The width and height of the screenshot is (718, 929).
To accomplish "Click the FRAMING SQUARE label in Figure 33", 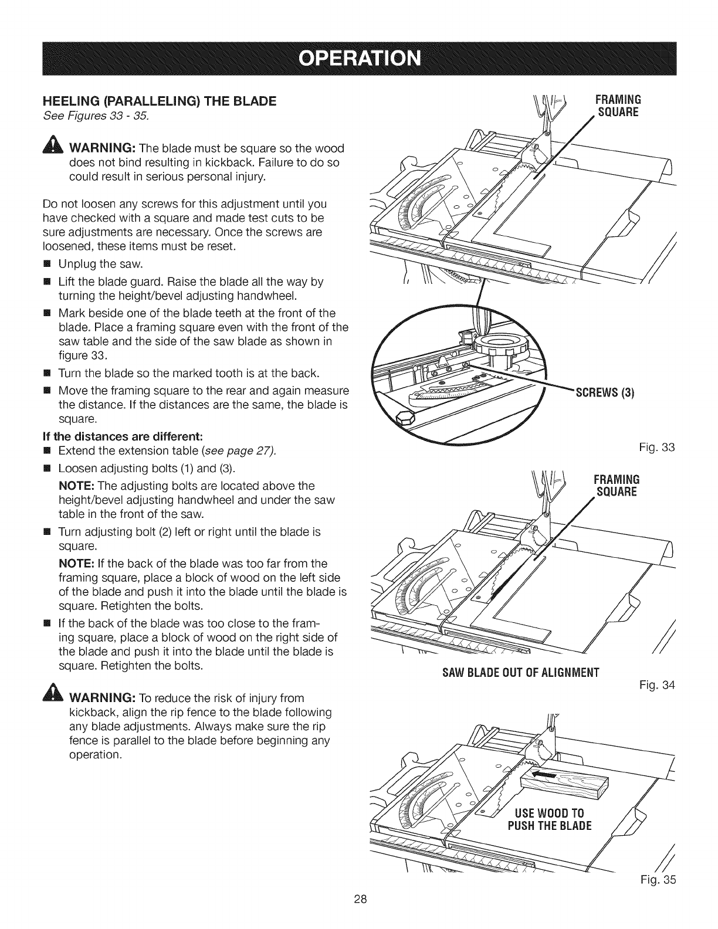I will [x=618, y=105].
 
